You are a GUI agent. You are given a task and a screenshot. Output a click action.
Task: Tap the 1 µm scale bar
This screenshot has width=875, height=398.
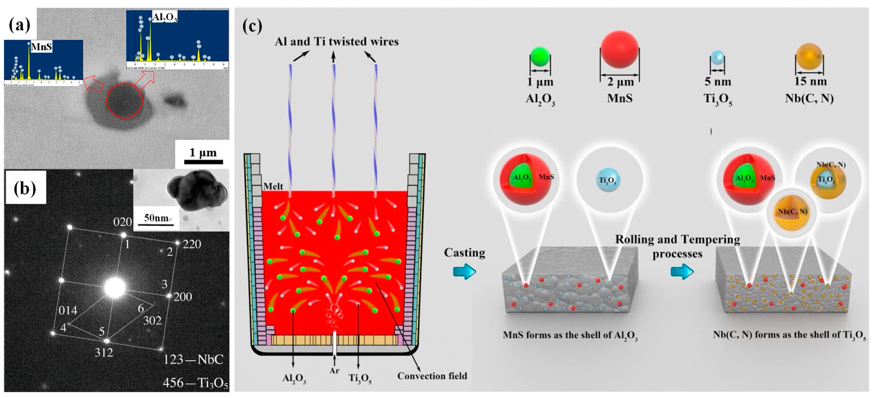point(203,162)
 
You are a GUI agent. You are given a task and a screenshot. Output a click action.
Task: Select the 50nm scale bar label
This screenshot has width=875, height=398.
point(156,218)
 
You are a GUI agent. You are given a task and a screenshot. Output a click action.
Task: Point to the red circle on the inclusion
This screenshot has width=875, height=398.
point(124,101)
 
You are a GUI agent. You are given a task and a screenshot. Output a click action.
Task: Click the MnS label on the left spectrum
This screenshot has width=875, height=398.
point(41,47)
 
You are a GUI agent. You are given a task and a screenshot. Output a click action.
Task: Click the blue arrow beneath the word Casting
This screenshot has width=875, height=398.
point(464,272)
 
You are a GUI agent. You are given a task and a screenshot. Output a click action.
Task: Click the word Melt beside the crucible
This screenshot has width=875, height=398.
point(273,186)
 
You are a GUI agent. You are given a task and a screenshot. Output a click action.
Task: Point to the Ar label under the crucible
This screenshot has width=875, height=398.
point(334,370)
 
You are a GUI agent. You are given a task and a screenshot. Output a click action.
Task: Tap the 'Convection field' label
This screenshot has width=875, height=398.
point(432,376)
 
